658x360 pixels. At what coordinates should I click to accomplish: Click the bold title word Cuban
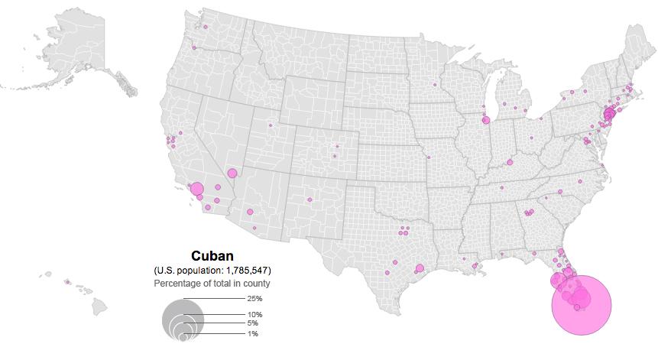click(x=212, y=257)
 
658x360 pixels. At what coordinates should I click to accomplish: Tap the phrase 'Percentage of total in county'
click(x=212, y=284)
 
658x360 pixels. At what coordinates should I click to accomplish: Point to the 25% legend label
click(x=254, y=299)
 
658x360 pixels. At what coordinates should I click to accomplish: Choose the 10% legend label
click(x=254, y=315)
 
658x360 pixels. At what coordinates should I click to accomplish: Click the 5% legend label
click(x=252, y=323)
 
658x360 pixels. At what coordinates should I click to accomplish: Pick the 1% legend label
click(x=252, y=334)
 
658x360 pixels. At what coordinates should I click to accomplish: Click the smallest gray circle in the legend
click(x=183, y=336)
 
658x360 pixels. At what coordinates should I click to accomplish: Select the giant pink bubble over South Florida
click(x=582, y=304)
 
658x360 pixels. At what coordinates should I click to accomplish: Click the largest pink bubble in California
click(x=196, y=189)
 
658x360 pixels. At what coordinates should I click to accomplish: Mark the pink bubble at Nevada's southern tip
click(x=232, y=174)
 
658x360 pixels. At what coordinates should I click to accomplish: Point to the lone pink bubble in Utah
click(x=270, y=125)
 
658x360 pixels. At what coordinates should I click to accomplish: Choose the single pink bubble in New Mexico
click(x=310, y=200)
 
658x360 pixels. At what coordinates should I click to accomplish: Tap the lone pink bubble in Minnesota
click(x=434, y=85)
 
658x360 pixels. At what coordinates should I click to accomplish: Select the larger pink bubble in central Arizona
click(x=250, y=212)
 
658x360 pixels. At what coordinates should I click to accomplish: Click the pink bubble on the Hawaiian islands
click(x=67, y=282)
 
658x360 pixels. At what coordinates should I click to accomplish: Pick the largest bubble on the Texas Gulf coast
click(x=420, y=268)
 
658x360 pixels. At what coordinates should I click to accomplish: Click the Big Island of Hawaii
click(x=100, y=306)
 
